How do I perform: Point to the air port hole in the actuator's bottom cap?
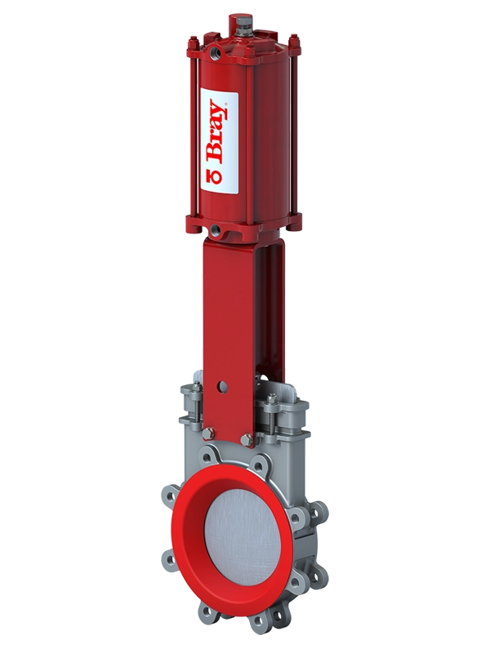click(x=214, y=231)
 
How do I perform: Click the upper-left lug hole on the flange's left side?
click(x=171, y=495)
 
